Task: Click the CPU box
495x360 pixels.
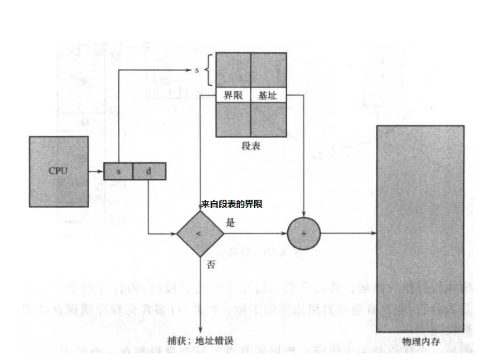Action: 59,171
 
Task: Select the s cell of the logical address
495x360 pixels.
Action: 118,171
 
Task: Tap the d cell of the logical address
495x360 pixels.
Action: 149,171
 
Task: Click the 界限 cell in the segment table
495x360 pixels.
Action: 233,96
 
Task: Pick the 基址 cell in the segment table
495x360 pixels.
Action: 268,96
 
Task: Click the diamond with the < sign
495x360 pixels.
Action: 200,234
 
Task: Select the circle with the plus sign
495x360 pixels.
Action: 304,234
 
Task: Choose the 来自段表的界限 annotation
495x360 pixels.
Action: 232,204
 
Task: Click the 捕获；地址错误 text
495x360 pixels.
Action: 200,340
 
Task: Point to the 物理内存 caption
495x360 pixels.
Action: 421,342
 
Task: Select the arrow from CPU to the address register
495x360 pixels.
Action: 96,171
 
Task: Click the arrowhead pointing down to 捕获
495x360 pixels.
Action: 200,331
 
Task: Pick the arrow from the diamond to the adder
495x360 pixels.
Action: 255,234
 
